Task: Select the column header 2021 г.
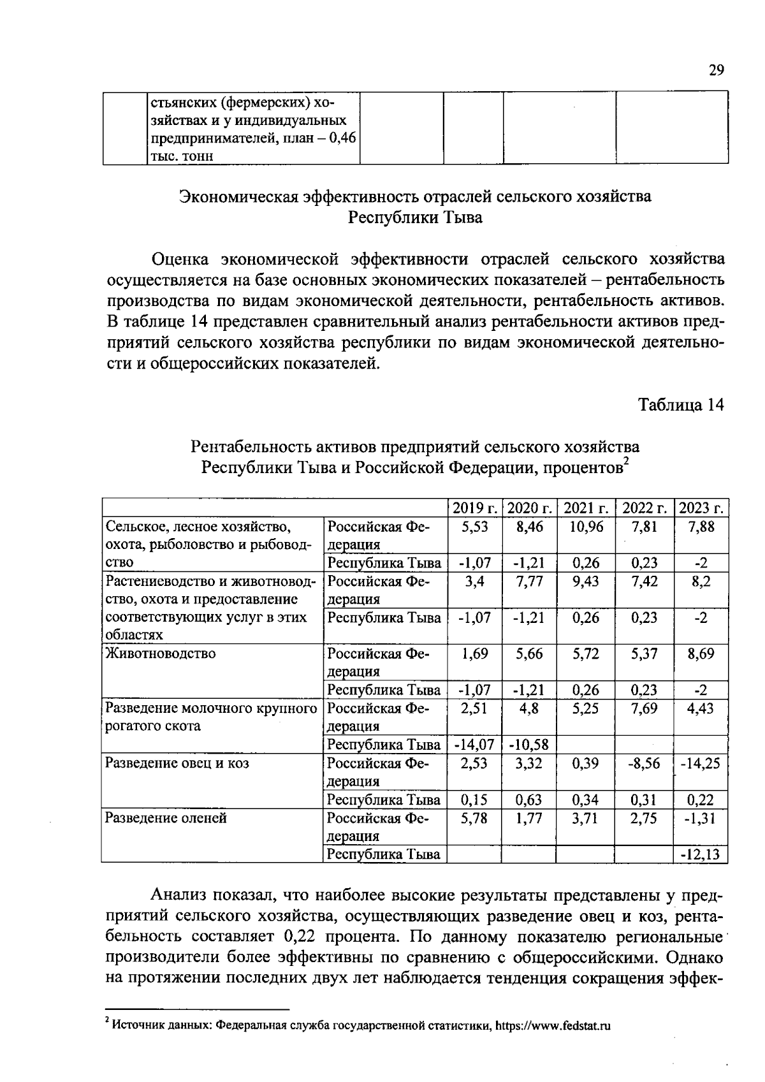pyautogui.click(x=586, y=508)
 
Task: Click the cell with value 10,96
pyautogui.click(x=586, y=527)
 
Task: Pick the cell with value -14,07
pyautogui.click(x=473, y=745)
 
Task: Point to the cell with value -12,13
pyautogui.click(x=700, y=854)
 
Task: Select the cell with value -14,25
pyautogui.click(x=700, y=763)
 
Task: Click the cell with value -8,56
pyautogui.click(x=643, y=763)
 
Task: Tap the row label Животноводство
pyautogui.click(x=161, y=654)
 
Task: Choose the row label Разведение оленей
pyautogui.click(x=166, y=818)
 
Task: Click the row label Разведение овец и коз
pyautogui.click(x=177, y=763)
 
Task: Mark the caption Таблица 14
pyautogui.click(x=681, y=406)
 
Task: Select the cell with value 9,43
pyautogui.click(x=586, y=581)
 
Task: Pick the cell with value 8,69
pyautogui.click(x=700, y=654)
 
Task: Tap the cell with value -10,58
pyautogui.click(x=529, y=745)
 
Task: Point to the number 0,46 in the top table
pyautogui.click(x=342, y=138)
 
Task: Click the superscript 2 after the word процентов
pyautogui.click(x=626, y=462)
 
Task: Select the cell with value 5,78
pyautogui.click(x=474, y=818)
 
